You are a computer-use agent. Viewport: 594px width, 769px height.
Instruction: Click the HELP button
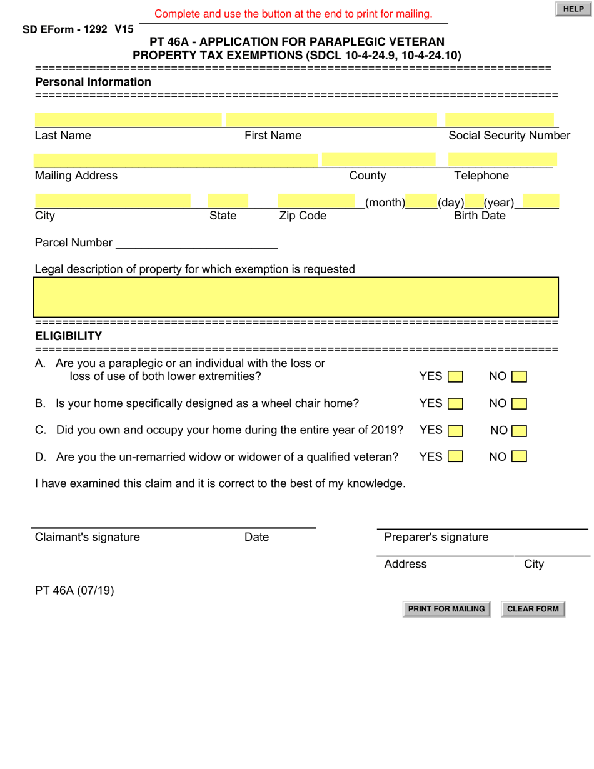[x=573, y=9]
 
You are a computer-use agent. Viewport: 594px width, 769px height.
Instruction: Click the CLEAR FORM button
[x=533, y=609]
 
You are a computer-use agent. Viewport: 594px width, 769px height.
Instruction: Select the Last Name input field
[x=128, y=119]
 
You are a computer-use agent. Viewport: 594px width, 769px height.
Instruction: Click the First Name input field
[x=331, y=119]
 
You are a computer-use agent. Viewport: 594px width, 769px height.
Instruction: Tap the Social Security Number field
[x=499, y=119]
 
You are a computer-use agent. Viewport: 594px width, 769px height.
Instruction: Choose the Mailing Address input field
[x=176, y=159]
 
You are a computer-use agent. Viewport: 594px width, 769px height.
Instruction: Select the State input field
[x=228, y=201]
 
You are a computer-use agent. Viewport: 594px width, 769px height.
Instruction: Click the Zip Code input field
[x=317, y=201]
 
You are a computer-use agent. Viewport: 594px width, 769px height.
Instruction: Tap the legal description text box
[x=296, y=297]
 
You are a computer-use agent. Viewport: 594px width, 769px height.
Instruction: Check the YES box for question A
[x=456, y=377]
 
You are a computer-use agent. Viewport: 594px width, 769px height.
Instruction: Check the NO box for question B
[x=519, y=404]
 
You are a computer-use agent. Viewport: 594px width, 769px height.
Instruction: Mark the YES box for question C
[x=456, y=431]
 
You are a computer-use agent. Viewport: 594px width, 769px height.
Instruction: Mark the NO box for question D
[x=519, y=457]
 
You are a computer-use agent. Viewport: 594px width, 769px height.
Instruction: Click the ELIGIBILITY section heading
[x=68, y=336]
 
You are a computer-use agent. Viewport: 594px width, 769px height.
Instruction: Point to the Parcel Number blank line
[x=196, y=243]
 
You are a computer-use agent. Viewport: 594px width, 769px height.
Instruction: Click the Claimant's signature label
[x=88, y=537]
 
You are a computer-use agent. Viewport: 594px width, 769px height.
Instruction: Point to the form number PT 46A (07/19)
[x=74, y=590]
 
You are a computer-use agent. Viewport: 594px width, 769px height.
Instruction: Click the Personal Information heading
[x=93, y=82]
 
